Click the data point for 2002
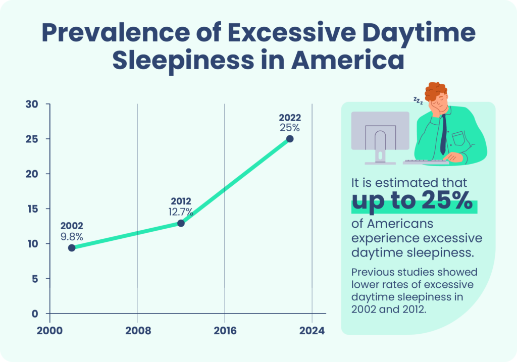coord(72,247)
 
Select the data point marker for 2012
coord(181,223)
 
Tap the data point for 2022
coord(290,139)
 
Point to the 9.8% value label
coord(72,236)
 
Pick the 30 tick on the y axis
coord(32,105)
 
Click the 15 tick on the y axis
coord(32,209)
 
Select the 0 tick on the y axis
coord(34,314)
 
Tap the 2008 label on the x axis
coord(137,331)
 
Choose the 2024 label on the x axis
coord(312,331)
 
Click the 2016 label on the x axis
coord(224,331)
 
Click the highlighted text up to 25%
coord(414,202)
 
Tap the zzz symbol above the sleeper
coord(418,101)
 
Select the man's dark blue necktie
coord(443,134)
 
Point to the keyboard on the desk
coord(426,162)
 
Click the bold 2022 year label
coord(290,118)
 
